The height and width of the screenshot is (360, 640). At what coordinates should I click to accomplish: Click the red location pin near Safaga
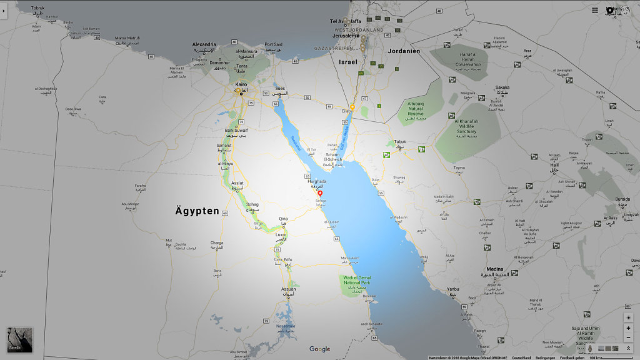[x=321, y=193]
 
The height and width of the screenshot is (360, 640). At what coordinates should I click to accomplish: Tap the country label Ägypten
[x=197, y=211]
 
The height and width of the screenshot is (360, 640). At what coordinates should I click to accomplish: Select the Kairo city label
[x=241, y=84]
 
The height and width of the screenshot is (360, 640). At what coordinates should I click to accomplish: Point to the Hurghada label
[x=317, y=181]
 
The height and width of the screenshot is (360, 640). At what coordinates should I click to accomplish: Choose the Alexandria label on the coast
[x=204, y=44]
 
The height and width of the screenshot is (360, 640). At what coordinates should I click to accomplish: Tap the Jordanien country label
[x=404, y=51]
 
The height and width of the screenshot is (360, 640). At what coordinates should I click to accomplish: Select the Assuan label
[x=288, y=289]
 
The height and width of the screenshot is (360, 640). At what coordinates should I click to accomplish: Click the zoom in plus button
[x=628, y=328]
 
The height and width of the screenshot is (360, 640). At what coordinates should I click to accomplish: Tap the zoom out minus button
[x=628, y=337]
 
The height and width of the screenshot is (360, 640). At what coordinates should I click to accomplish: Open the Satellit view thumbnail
[x=19, y=339]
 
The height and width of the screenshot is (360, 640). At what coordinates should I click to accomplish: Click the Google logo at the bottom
[x=319, y=349]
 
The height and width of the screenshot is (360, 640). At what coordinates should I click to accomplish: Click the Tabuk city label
[x=400, y=141]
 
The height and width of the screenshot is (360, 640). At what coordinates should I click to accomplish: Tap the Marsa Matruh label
[x=127, y=38]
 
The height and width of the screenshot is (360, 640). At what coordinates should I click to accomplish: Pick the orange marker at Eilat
[x=352, y=107]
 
